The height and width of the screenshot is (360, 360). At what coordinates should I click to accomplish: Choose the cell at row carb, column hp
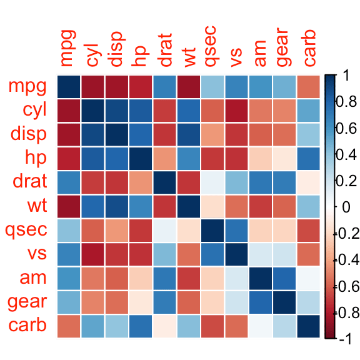point(141,326)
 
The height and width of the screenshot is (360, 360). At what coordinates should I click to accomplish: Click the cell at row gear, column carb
point(308,302)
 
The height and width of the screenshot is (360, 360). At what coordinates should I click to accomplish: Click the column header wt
point(189,54)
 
